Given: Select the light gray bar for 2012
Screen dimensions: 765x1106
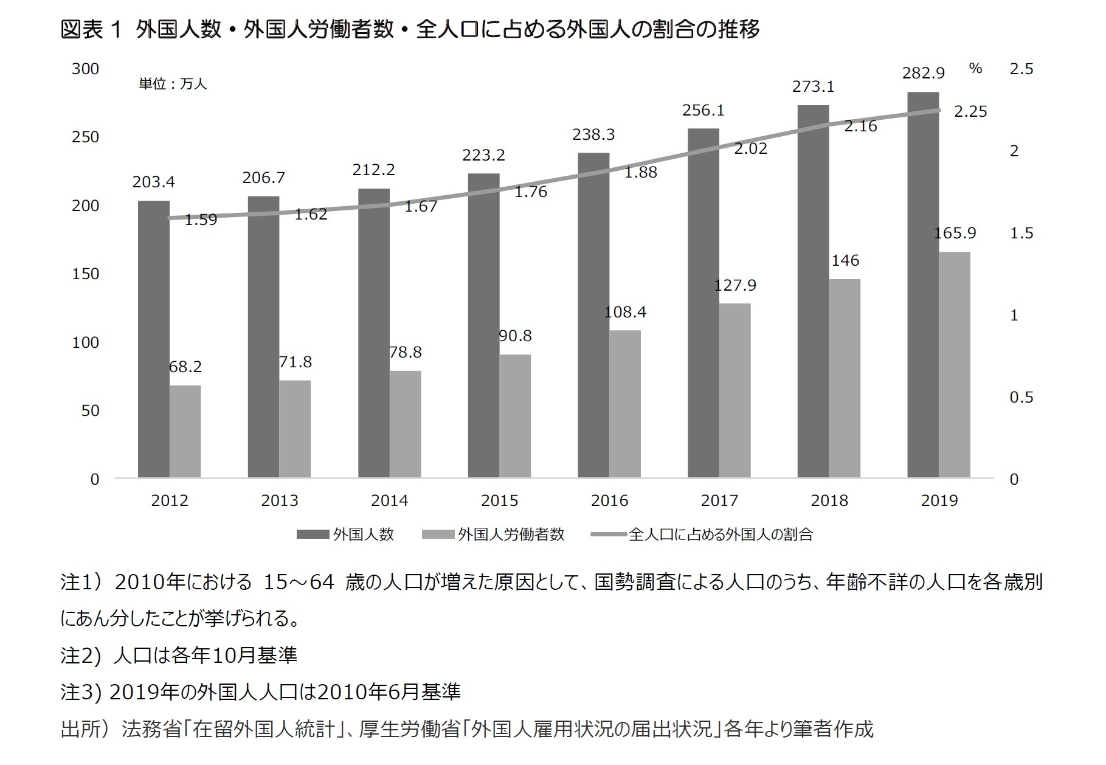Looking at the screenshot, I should tap(185, 431).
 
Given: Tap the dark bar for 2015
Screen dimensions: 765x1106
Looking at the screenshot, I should tap(483, 325).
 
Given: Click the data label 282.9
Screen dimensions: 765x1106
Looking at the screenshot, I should tap(923, 74).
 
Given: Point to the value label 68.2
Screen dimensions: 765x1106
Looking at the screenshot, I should tap(185, 367).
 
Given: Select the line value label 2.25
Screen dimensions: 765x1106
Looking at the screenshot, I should tap(970, 112).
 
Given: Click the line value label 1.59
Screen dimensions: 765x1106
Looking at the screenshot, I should tap(201, 220).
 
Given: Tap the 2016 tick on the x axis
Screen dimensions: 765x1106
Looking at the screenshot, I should tap(609, 500).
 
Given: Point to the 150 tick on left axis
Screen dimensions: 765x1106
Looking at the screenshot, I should tap(85, 274).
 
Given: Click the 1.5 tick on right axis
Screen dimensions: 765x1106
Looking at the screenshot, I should tap(1021, 233).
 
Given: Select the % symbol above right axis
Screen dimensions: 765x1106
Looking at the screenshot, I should tap(975, 68).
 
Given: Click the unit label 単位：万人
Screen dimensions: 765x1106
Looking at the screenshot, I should tap(173, 84).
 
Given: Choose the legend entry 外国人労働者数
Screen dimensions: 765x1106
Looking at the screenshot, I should tap(510, 535).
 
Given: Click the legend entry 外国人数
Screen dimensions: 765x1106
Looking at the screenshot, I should tap(363, 535).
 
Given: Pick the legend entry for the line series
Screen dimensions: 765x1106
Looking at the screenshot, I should tap(720, 535).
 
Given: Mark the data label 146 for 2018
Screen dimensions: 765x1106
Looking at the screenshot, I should tap(845, 261).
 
